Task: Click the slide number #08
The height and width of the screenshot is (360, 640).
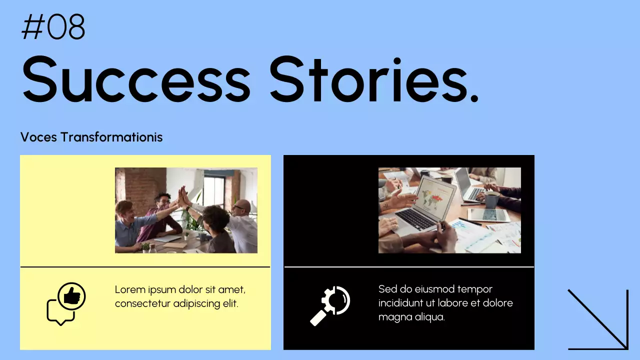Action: pos(53,27)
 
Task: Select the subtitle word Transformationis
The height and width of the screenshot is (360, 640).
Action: pos(111,137)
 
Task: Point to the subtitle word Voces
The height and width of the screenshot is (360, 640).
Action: pos(38,137)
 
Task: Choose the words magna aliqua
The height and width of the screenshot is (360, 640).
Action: pos(411,317)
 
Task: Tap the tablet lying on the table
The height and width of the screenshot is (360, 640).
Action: pos(488,214)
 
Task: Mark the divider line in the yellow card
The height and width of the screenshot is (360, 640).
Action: pos(145,267)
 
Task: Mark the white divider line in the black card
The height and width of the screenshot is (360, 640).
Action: pos(409,267)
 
